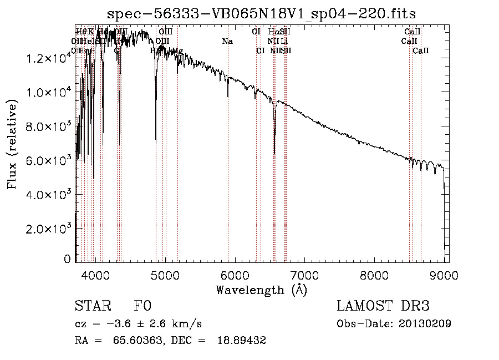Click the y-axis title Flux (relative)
(x=12, y=144)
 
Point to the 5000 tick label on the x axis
(x=165, y=273)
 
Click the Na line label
(x=227, y=42)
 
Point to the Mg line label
(x=178, y=51)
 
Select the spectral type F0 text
(x=142, y=306)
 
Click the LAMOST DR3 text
(x=383, y=306)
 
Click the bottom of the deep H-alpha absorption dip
(x=274, y=153)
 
